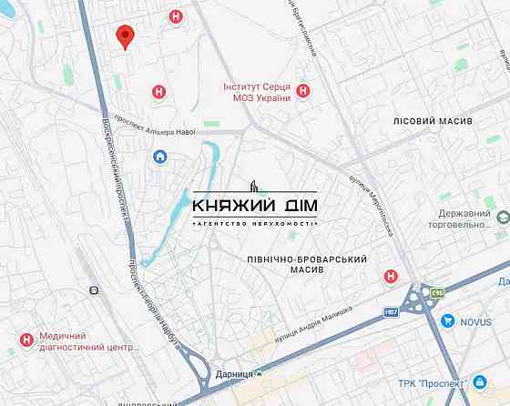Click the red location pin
coord(126,36)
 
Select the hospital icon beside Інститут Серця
coord(303,91)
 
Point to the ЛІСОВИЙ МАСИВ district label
coord(433,121)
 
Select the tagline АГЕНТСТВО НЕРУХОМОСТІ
coord(255,223)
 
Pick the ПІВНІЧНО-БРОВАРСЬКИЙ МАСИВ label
coord(307,267)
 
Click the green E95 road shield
coord(438,293)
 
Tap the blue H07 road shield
coord(391,312)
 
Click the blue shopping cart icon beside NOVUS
coord(448,320)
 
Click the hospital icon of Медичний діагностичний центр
coord(26,340)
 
